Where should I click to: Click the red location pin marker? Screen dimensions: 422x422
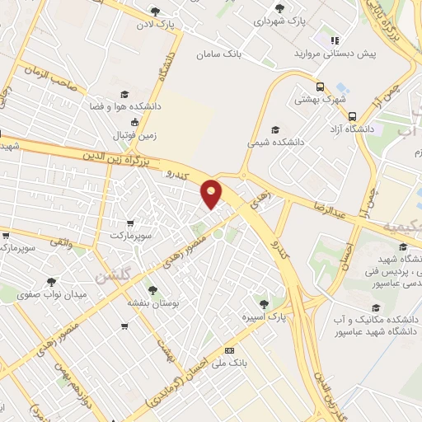tap(212, 193)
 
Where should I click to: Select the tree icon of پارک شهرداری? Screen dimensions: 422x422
tap(279, 8)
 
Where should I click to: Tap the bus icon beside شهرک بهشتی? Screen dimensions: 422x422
tap(320, 87)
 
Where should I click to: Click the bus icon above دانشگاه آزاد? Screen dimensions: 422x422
tap(352, 116)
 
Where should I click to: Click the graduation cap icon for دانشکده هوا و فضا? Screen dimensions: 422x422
tap(124, 94)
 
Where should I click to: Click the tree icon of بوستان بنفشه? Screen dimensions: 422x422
tap(152, 288)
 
